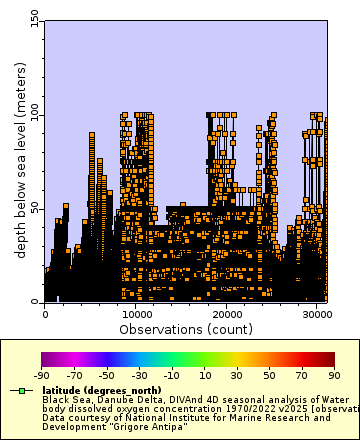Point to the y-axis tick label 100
click(x=32, y=115)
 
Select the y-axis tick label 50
click(x=35, y=208)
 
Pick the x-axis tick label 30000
click(x=316, y=313)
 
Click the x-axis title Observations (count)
click(x=186, y=328)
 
